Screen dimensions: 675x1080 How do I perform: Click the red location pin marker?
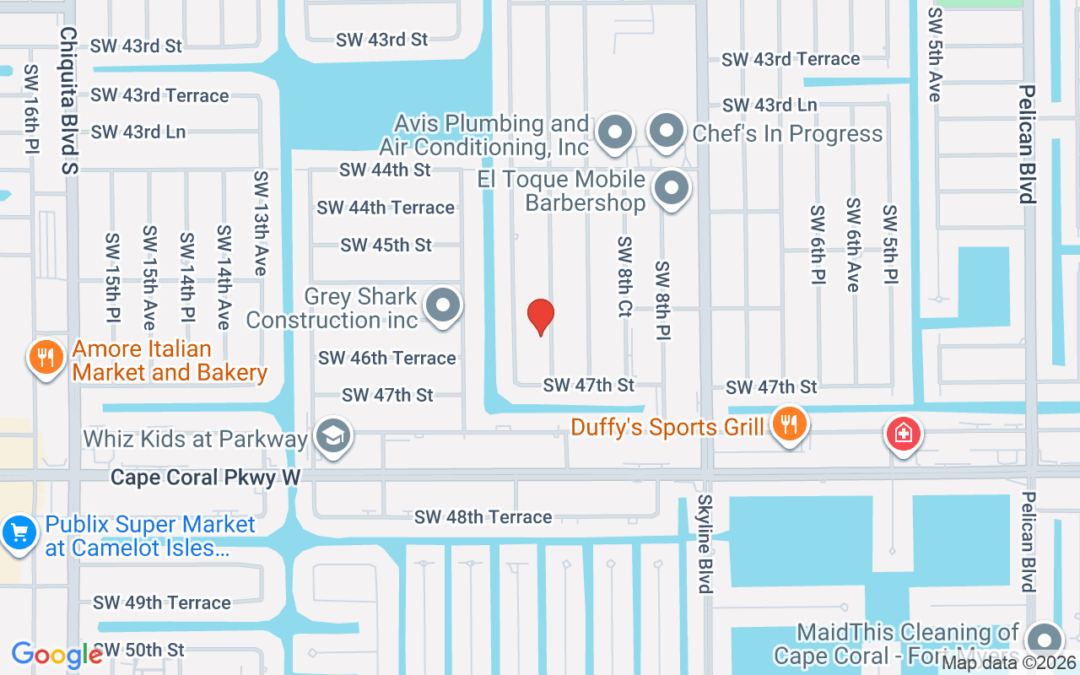tap(541, 316)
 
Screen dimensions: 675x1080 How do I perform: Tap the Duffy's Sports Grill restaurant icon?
tap(789, 424)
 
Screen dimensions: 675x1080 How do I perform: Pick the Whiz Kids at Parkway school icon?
tap(334, 437)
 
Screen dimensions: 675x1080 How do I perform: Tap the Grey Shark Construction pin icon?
tap(443, 306)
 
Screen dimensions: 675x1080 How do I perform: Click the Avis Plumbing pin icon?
tap(615, 132)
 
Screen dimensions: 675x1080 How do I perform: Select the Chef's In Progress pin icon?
tap(667, 132)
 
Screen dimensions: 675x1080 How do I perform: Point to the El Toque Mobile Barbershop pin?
tap(672, 189)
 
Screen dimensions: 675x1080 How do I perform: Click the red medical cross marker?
tap(903, 435)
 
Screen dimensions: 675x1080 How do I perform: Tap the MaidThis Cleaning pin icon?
tap(1046, 639)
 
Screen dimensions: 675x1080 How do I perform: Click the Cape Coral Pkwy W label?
tap(206, 478)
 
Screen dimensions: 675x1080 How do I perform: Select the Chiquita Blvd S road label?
tap(68, 100)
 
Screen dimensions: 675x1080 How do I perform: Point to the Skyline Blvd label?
tap(705, 544)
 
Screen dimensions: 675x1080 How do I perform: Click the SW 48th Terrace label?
tap(483, 516)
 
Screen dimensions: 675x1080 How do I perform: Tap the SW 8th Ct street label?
tap(624, 277)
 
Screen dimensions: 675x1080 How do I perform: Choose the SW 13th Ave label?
tap(260, 223)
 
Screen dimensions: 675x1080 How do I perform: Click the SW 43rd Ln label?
tap(769, 105)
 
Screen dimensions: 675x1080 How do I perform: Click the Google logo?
tap(57, 655)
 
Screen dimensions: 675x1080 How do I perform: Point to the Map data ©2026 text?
tap(1008, 662)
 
